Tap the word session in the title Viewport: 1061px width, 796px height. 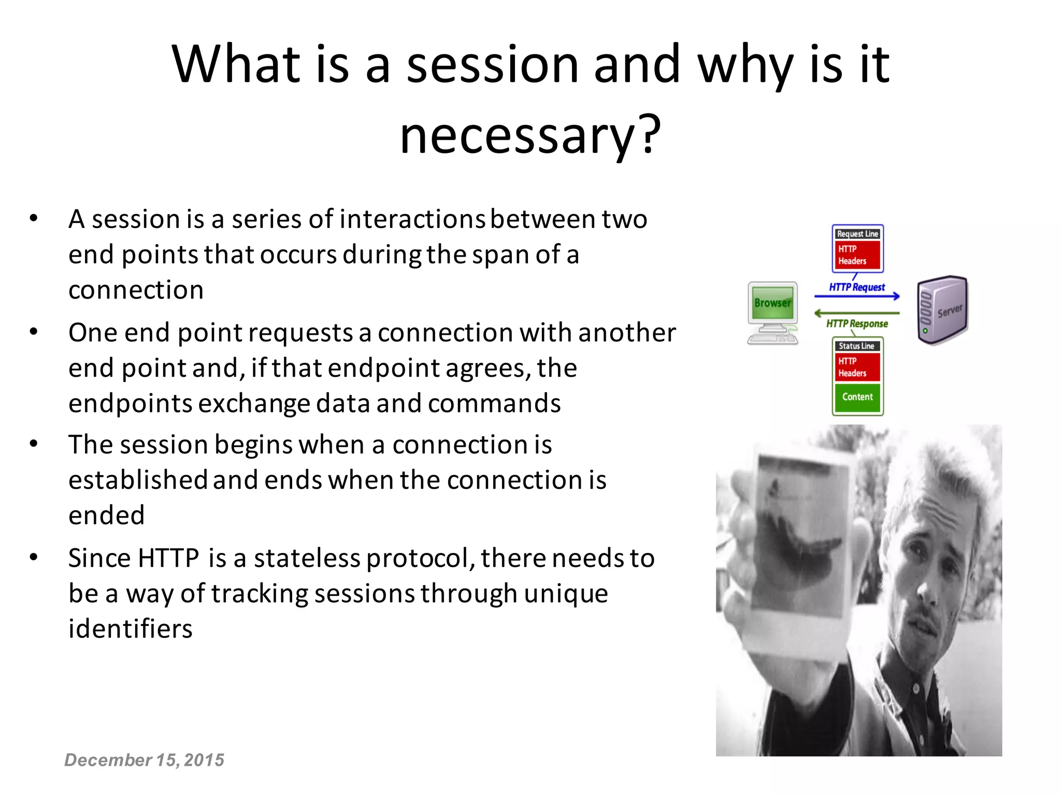492,65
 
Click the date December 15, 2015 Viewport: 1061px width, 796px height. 144,760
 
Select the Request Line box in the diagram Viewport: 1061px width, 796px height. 857,234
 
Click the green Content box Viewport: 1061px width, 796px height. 857,397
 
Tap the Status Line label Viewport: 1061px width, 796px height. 856,346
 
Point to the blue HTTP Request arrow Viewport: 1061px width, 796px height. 857,296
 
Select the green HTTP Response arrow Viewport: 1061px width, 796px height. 857,313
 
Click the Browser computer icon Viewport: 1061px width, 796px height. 772,312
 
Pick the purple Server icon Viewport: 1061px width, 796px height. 942,310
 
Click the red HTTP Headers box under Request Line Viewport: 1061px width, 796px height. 857,255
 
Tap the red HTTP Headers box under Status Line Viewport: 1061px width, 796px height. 857,367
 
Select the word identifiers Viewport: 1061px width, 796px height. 131,629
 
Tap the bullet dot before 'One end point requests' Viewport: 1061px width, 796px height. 34,332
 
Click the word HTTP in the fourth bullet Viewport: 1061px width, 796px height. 168,558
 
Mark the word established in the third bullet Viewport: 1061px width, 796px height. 138,480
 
